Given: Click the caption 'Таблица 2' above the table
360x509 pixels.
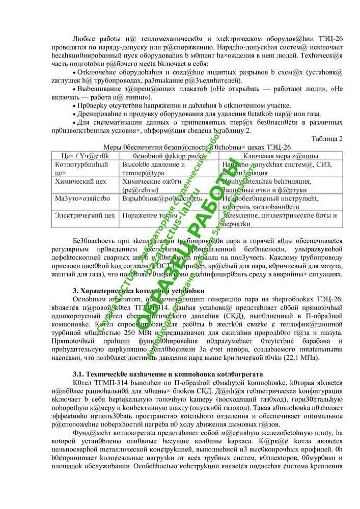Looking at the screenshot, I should click(327, 138).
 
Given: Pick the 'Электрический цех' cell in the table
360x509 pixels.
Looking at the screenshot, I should click(85, 216).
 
